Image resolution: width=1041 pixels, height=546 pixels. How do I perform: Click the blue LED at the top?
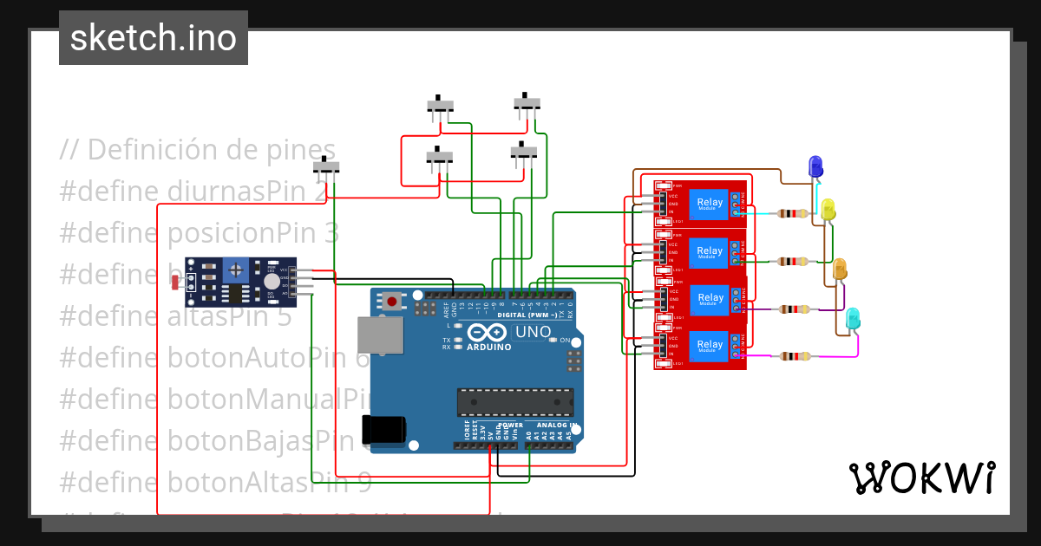(x=815, y=166)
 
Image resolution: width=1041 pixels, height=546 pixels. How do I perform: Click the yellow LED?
(x=828, y=209)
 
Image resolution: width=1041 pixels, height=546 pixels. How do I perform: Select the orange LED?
(x=840, y=269)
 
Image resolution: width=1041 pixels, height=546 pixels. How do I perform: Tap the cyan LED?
(x=853, y=317)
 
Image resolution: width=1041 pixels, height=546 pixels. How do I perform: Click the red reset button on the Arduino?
(x=393, y=302)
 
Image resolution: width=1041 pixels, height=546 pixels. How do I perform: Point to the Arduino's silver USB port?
(x=380, y=335)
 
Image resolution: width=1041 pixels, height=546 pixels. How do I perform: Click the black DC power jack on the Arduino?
(x=383, y=430)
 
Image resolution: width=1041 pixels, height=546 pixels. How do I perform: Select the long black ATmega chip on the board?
(x=515, y=402)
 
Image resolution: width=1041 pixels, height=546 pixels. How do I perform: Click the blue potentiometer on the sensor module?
(x=235, y=271)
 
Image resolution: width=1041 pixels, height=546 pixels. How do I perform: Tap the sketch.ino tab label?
(x=154, y=38)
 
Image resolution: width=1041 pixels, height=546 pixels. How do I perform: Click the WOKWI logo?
(x=921, y=478)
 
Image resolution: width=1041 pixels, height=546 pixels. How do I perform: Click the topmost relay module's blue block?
(x=709, y=204)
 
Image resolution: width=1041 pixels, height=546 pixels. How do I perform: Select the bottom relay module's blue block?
(x=709, y=345)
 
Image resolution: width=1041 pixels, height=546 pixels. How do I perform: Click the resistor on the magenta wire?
(x=794, y=356)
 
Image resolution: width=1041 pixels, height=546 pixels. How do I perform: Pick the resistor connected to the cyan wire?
(x=794, y=213)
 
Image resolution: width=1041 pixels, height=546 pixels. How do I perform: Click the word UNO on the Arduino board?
(x=533, y=332)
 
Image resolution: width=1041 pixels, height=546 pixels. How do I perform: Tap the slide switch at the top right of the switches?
(x=527, y=103)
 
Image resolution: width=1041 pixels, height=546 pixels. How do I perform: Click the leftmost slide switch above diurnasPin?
(x=326, y=166)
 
